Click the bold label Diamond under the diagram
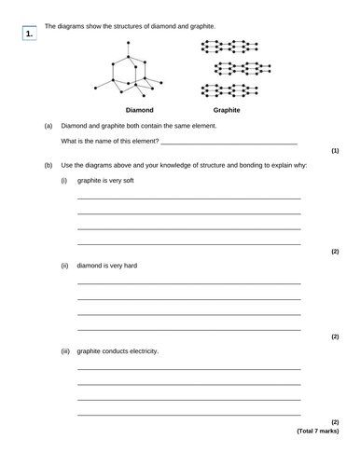click(140, 110)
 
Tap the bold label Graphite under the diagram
click(228, 110)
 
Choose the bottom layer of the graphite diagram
click(228, 90)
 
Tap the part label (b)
click(48, 165)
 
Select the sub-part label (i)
click(64, 180)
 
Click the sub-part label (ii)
click(65, 266)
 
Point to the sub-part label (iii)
click(66, 351)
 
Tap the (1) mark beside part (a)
click(335, 150)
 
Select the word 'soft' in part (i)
click(127, 180)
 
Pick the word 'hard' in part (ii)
click(129, 266)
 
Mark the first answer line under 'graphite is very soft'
click(188, 199)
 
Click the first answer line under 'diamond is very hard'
click(188, 283)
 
